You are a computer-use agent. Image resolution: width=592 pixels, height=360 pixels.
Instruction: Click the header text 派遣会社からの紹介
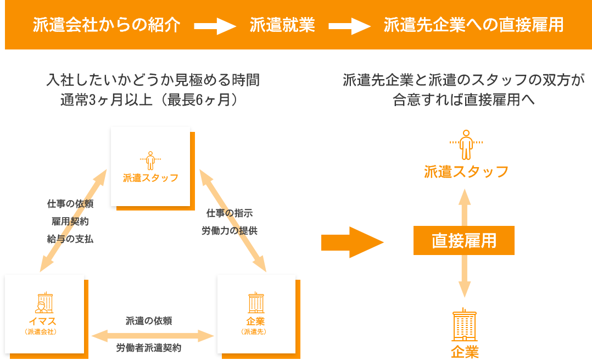click(107, 25)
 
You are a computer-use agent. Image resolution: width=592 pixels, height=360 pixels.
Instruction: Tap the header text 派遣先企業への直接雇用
click(473, 25)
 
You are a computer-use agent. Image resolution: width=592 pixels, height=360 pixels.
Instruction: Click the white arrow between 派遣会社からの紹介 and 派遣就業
click(215, 26)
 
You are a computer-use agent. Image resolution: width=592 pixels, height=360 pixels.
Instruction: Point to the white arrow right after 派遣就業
click(349, 26)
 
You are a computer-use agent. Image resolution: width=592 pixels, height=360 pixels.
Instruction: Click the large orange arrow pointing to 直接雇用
click(351, 242)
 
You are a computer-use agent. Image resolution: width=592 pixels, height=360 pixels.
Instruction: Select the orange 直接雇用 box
click(464, 241)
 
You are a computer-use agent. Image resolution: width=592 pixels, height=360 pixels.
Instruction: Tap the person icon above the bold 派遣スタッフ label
click(466, 145)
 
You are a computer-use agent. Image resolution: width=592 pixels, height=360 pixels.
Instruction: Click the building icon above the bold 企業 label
click(465, 325)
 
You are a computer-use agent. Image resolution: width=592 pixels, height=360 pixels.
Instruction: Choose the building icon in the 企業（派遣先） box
click(255, 303)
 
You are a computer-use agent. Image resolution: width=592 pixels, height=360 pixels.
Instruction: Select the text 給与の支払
click(70, 239)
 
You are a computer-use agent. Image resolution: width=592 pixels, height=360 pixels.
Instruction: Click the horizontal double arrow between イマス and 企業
click(152, 335)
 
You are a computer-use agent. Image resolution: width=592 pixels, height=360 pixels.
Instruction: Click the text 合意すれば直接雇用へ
click(464, 100)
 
